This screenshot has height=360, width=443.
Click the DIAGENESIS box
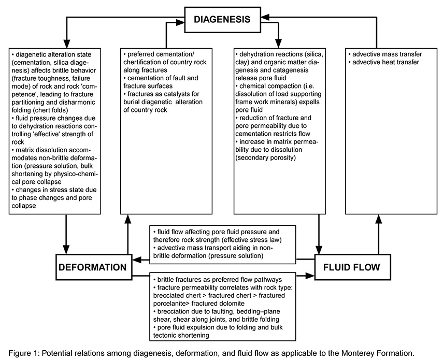(x=222, y=20)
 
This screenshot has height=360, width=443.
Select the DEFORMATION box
(x=94, y=267)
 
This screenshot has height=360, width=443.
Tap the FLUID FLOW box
(x=353, y=267)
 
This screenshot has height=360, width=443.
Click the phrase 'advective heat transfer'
(x=385, y=62)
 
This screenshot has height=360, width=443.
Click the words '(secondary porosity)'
(x=266, y=157)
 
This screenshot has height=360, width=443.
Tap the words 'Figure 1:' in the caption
(x=24, y=353)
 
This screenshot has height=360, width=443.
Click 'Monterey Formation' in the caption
(x=377, y=353)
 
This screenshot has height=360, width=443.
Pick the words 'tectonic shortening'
(x=181, y=336)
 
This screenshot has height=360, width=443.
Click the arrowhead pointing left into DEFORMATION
(x=137, y=260)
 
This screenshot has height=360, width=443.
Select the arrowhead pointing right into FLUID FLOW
(x=310, y=276)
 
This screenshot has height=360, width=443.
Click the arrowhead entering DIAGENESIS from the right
(x=265, y=18)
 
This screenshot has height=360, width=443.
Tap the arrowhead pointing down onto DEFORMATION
(x=66, y=250)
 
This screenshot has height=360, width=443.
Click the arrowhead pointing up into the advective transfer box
(x=379, y=219)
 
